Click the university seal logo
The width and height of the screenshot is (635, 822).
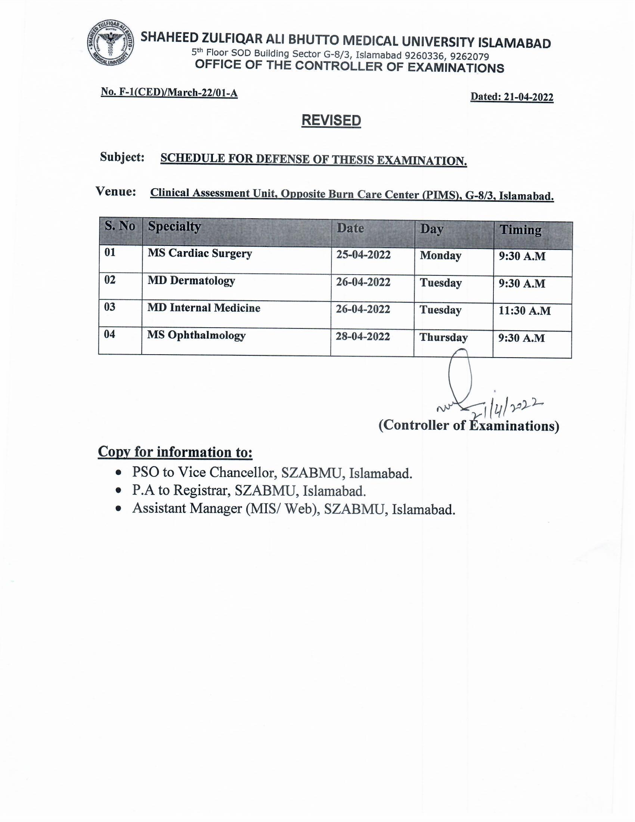pyautogui.click(x=111, y=44)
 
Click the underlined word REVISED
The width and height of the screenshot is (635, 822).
pyautogui.click(x=331, y=120)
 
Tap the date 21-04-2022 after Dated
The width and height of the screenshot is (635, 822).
pyautogui.click(x=529, y=97)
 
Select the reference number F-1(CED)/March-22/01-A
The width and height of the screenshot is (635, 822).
pyautogui.click(x=178, y=93)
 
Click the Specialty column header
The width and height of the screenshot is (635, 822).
pyautogui.click(x=174, y=226)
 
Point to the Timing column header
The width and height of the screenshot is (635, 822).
pyautogui.click(x=520, y=230)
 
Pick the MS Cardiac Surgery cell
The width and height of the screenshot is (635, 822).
pyautogui.click(x=199, y=253)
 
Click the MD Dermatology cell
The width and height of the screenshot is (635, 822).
pyautogui.click(x=191, y=281)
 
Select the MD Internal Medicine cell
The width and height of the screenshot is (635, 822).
pyautogui.click(x=204, y=308)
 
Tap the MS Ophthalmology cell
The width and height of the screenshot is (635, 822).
pyautogui.click(x=196, y=336)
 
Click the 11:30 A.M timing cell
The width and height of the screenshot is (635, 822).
pyautogui.click(x=524, y=311)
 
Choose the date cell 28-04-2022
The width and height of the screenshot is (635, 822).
pyautogui.click(x=363, y=337)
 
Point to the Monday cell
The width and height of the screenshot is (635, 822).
pyautogui.click(x=440, y=256)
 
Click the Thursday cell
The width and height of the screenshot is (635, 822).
pyautogui.click(x=443, y=337)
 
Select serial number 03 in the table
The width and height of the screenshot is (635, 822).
pyautogui.click(x=109, y=307)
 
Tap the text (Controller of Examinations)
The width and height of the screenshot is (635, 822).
pyautogui.click(x=469, y=425)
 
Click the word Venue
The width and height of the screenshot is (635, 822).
pyautogui.click(x=116, y=192)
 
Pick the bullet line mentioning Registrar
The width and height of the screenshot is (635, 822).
pyautogui.click(x=249, y=491)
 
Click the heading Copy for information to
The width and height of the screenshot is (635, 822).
pyautogui.click(x=175, y=452)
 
